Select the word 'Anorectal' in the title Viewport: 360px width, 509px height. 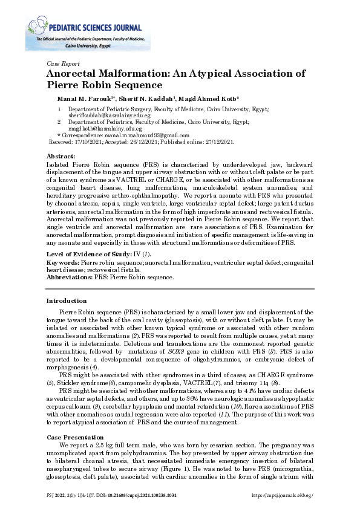pyautogui.click(x=73, y=74)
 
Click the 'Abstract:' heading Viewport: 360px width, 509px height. pyautogui.click(x=61, y=156)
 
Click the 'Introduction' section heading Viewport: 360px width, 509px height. pyautogui.click(x=67, y=300)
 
